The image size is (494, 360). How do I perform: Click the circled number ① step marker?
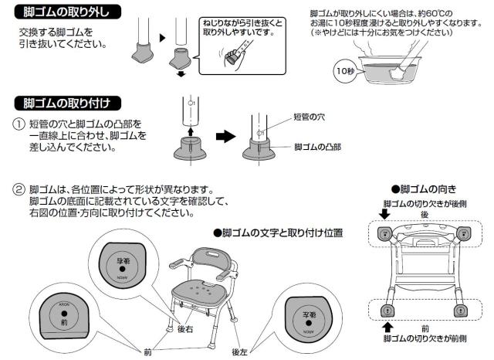click(18, 124)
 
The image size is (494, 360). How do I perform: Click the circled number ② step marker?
click(18, 189)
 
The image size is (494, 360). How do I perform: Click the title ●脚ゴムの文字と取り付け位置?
click(277, 232)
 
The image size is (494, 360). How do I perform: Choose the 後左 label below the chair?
click(241, 352)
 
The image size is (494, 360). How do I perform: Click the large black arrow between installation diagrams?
click(224, 136)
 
